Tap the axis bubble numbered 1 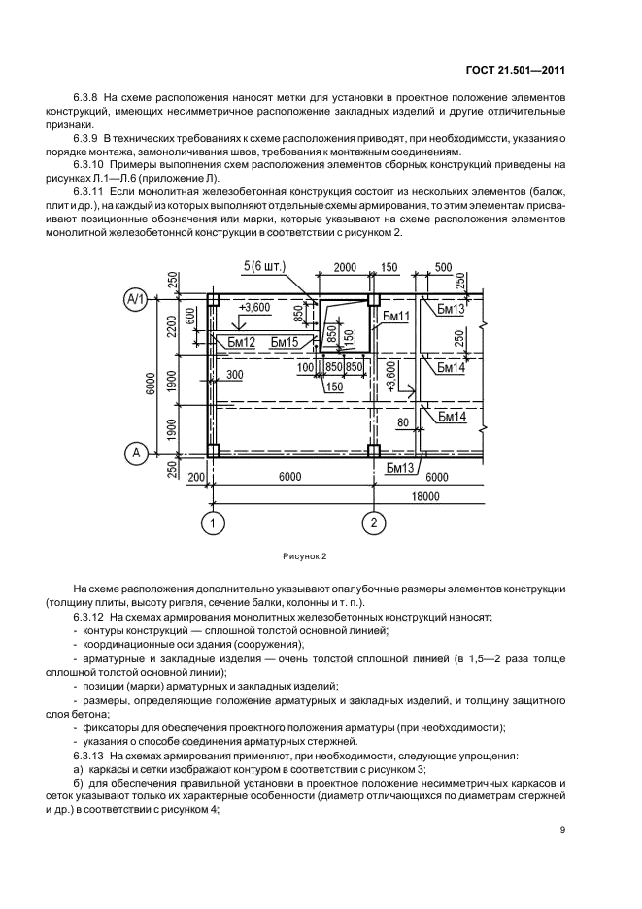tap(211, 525)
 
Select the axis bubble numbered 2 tap(374, 525)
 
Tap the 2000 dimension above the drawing tap(344, 267)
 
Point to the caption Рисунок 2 tap(305, 557)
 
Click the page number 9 tap(563, 829)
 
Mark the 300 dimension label tap(235, 373)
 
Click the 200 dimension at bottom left tap(195, 477)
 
